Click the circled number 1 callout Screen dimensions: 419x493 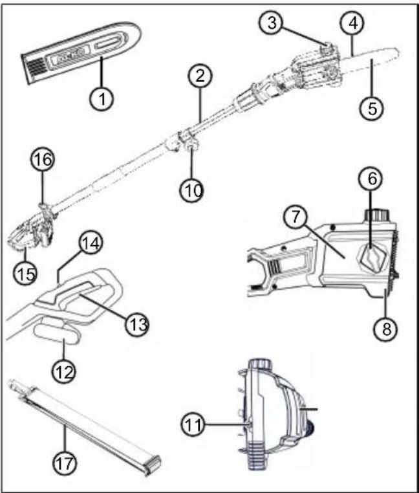click(102, 98)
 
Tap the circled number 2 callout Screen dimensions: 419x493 click(200, 76)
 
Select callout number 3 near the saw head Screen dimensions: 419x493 click(272, 23)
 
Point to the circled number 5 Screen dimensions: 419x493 click(372, 108)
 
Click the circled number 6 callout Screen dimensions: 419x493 click(371, 179)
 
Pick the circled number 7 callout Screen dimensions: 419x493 click(295, 217)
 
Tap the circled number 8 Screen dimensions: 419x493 click(385, 329)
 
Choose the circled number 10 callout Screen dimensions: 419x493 click(192, 190)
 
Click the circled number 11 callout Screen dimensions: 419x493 click(193, 425)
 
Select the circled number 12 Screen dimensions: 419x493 click(64, 372)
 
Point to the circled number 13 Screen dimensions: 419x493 click(137, 325)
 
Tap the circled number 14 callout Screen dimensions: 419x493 click(91, 243)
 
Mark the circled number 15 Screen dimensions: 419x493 click(25, 273)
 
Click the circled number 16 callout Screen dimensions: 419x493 click(43, 159)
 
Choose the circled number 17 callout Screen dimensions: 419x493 click(65, 463)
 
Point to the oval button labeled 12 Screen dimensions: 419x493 click(57, 334)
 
